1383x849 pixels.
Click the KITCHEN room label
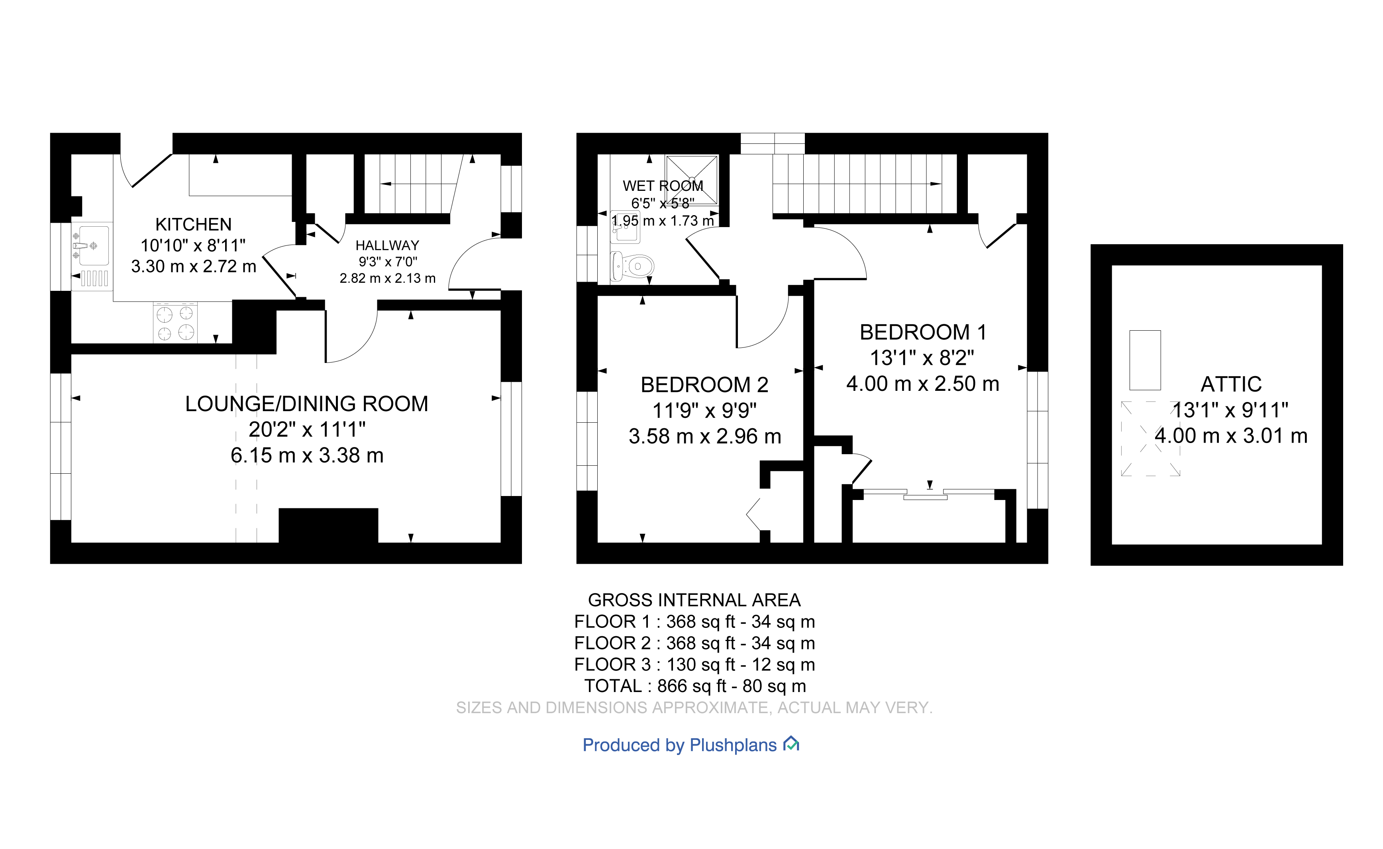click(193, 225)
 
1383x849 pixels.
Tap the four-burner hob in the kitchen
click(175, 323)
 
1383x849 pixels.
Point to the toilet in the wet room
click(633, 266)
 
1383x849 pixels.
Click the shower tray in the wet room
click(691, 180)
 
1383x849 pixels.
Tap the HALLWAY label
click(387, 245)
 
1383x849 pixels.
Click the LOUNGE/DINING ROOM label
click(306, 404)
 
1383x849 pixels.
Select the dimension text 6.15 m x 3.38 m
click(306, 455)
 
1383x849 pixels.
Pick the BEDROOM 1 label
click(922, 332)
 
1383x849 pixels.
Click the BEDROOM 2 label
click(704, 384)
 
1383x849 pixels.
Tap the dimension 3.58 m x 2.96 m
click(704, 436)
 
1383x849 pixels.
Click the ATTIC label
click(1230, 384)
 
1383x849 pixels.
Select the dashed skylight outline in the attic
click(1150, 439)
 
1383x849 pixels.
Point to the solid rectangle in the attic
click(1144, 360)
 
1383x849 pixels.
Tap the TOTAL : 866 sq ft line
click(694, 686)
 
